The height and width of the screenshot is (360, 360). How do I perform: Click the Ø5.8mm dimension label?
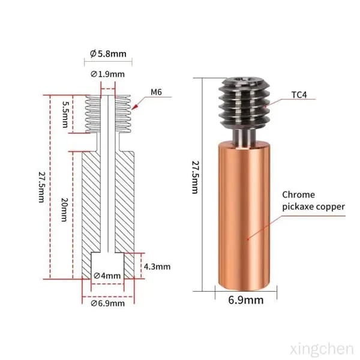(x=108, y=54)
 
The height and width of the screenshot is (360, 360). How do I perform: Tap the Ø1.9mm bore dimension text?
(x=107, y=74)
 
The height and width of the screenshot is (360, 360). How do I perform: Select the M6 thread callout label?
(x=156, y=92)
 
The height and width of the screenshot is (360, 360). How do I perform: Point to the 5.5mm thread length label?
(x=65, y=115)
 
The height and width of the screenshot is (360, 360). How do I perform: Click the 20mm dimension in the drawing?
(x=64, y=209)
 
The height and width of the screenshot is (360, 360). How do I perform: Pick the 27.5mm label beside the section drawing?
(x=41, y=187)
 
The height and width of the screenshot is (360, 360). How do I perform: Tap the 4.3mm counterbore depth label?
(x=157, y=266)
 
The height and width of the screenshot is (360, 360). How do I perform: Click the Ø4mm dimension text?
(x=107, y=275)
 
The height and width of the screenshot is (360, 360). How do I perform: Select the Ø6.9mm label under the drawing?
(x=107, y=303)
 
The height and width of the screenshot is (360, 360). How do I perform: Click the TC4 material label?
(x=299, y=95)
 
